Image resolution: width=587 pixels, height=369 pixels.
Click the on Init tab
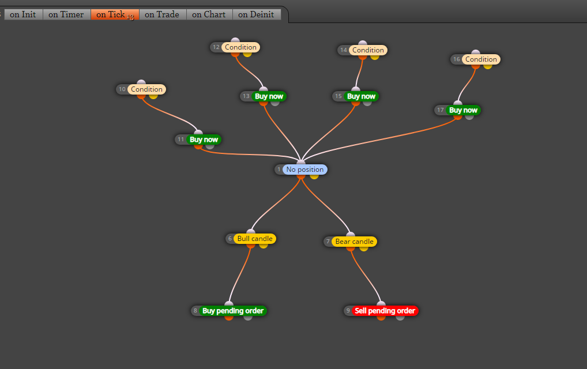tap(23, 14)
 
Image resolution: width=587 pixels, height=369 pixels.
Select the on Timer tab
tap(66, 14)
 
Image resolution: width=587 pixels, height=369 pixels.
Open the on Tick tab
tap(115, 14)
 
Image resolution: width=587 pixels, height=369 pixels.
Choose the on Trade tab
tap(163, 14)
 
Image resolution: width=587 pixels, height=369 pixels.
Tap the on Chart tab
tap(209, 14)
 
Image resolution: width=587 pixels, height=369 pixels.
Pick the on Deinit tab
tap(257, 14)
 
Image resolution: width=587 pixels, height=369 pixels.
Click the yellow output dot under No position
tap(314, 176)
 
